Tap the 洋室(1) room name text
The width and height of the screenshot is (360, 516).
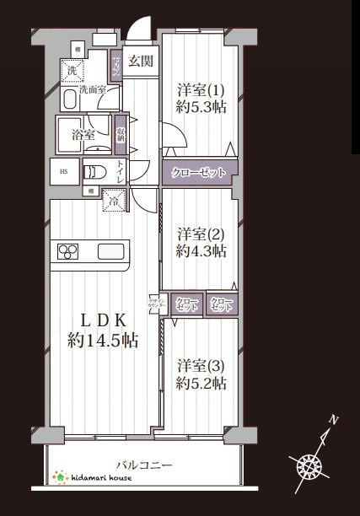201,89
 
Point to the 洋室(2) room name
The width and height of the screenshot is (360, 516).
201,233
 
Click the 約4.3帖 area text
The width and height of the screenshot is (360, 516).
201,250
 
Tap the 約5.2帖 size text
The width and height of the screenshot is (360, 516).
201,383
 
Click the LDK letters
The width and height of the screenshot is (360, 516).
103,320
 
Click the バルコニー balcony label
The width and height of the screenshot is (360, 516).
144,465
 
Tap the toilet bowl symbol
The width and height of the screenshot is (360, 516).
94,172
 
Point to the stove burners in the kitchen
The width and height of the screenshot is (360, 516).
68,250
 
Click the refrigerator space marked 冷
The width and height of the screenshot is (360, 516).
112,200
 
